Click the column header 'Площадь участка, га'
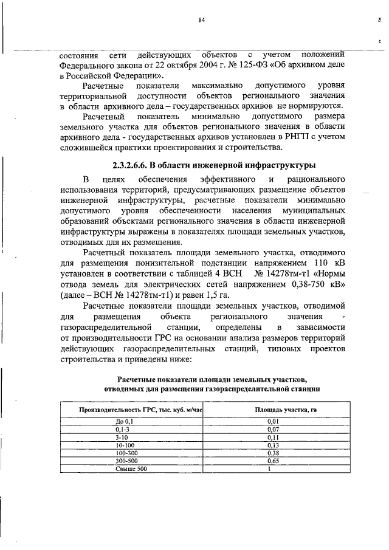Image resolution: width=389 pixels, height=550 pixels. click(285, 410)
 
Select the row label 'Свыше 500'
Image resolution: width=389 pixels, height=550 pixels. click(132, 469)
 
